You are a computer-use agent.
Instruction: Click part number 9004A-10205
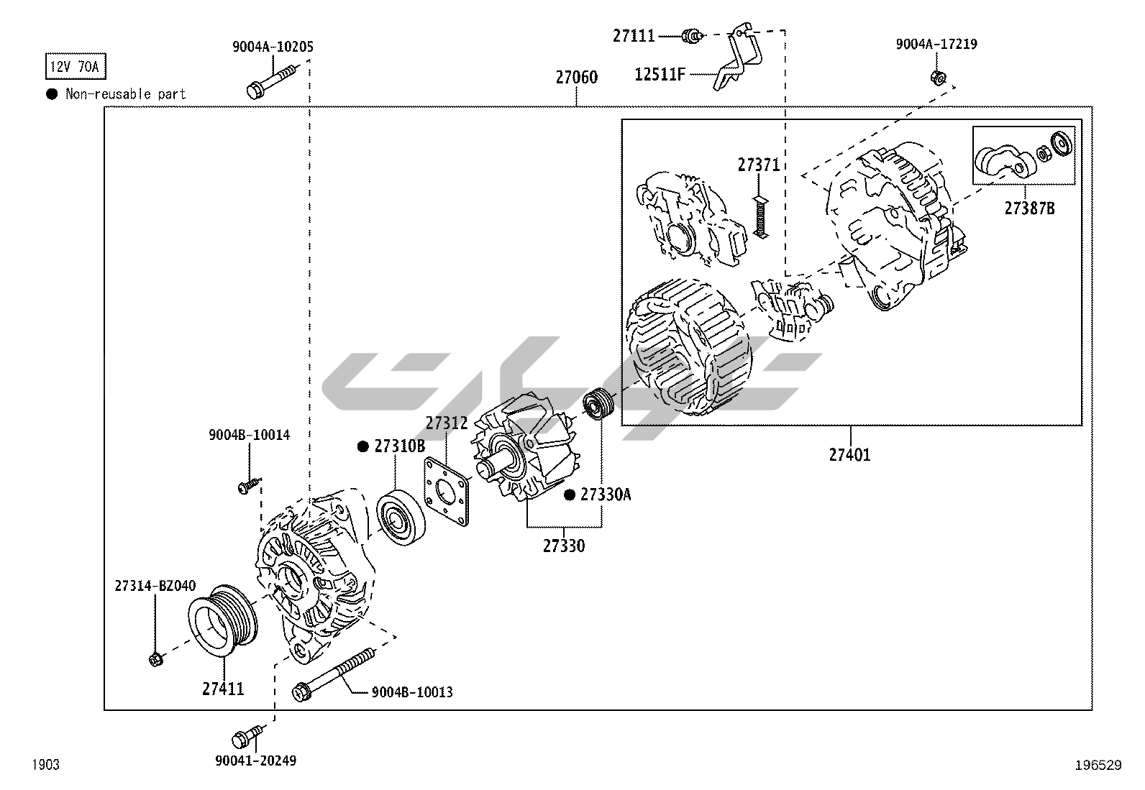273,47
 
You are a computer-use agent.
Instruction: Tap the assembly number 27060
576,77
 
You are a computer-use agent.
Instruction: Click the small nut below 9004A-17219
936,78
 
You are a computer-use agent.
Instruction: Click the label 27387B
1029,208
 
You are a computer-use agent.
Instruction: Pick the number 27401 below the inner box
849,454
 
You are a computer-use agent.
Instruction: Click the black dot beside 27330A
569,495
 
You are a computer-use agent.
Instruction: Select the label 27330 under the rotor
563,546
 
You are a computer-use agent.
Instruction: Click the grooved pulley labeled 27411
221,619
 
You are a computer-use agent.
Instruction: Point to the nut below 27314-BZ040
155,658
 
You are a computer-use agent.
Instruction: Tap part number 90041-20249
255,761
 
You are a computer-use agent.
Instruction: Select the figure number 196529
1098,765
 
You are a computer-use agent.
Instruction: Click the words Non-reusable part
125,94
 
